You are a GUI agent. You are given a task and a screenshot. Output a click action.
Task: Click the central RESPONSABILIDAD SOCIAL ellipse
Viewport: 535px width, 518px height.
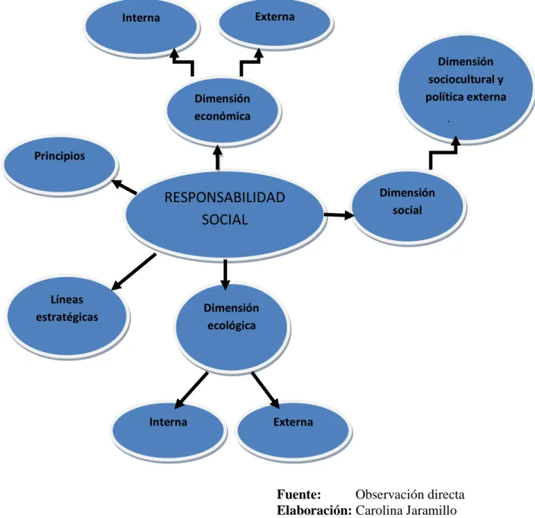tap(224, 214)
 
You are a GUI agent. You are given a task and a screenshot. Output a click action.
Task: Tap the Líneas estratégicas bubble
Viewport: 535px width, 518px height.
tap(67, 317)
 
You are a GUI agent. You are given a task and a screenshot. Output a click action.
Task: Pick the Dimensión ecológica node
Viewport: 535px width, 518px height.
tap(232, 328)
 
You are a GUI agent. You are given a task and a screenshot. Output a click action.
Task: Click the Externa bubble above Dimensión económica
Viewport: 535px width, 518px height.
tap(275, 23)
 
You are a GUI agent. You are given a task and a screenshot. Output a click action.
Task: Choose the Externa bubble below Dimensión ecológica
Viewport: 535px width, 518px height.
tap(294, 431)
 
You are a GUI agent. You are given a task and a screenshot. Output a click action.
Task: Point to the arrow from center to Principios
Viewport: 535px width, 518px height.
tap(124, 187)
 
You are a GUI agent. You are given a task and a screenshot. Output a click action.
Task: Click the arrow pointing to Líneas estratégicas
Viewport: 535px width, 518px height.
tap(134, 272)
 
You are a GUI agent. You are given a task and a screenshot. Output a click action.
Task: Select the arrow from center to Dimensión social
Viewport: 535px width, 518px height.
tap(339, 215)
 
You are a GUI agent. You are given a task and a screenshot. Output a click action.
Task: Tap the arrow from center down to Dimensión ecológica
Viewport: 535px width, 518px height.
tap(225, 275)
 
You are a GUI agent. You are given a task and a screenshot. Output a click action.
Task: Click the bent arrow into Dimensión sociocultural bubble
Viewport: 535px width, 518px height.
tap(443, 152)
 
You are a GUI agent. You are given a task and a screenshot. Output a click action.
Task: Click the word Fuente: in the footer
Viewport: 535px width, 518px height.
tap(299, 494)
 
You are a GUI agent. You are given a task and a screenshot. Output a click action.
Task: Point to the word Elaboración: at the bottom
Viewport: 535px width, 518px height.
tap(314, 510)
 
